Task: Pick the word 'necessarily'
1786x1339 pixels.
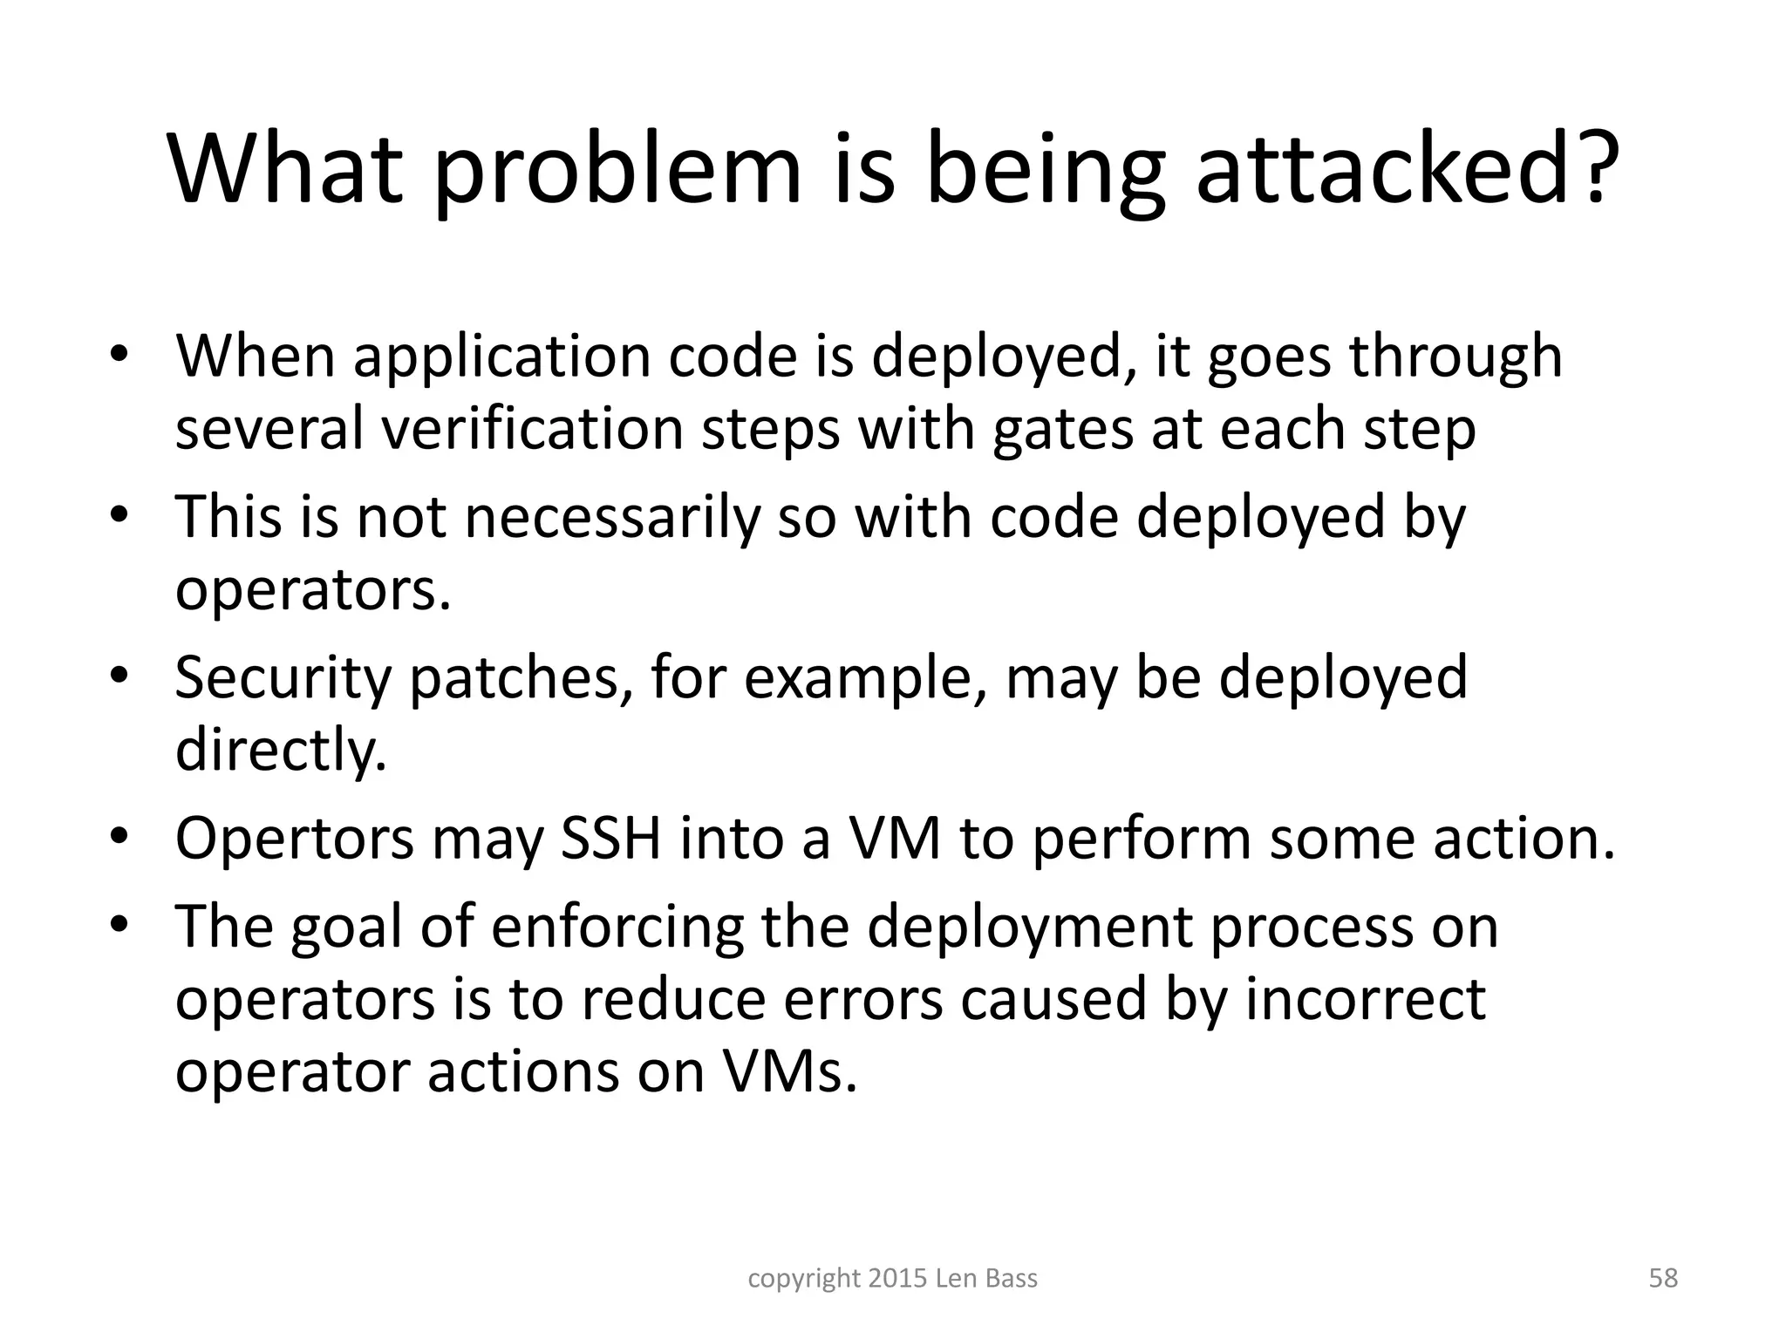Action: (x=611, y=518)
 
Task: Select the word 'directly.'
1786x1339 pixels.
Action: (x=281, y=750)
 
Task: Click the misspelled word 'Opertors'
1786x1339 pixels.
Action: (x=295, y=839)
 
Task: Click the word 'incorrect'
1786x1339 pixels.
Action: (x=1365, y=999)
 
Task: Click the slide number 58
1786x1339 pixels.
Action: (x=1663, y=1279)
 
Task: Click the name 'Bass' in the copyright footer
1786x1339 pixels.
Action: (x=1012, y=1279)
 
